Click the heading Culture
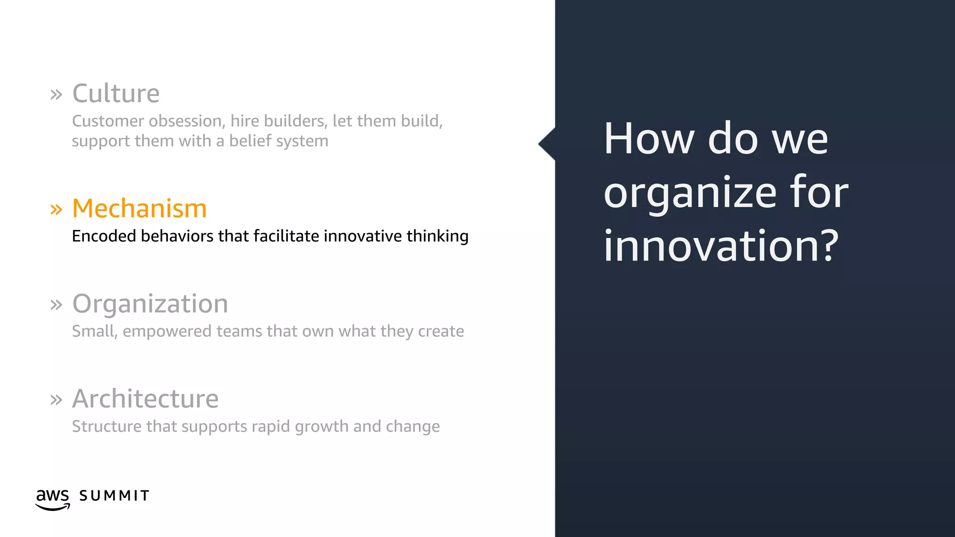[x=116, y=93]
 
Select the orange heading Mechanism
[x=139, y=208]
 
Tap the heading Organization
[x=150, y=303]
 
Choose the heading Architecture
[x=145, y=399]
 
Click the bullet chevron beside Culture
[x=56, y=95]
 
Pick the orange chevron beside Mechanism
[x=56, y=209]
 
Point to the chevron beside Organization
[x=56, y=305]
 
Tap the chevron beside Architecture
[x=56, y=400]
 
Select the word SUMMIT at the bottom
[x=114, y=496]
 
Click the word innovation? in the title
[x=720, y=246]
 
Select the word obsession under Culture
[x=185, y=121]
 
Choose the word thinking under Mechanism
[x=437, y=236]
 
